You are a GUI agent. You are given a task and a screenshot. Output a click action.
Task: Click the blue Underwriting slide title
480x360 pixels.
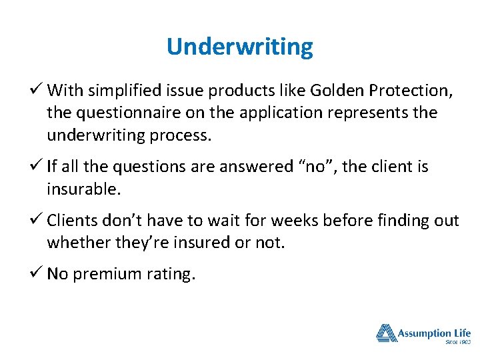[x=239, y=47]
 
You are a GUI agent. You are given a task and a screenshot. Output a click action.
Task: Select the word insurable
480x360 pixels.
[x=83, y=189]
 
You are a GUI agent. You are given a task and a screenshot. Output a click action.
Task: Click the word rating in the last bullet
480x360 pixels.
[x=171, y=274]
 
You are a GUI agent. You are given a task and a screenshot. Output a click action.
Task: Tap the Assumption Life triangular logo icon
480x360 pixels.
[x=386, y=333]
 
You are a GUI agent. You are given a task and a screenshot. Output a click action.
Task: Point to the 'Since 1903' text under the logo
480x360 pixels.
[x=457, y=342]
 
